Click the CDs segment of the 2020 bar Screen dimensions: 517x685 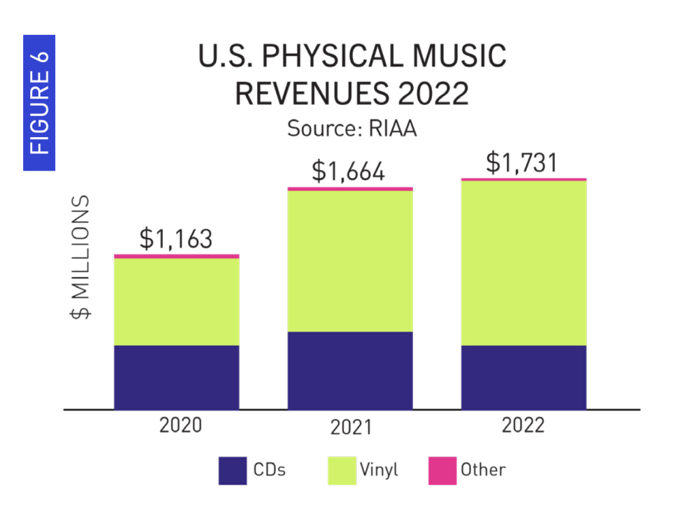pos(177,377)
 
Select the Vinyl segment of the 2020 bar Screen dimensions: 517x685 pos(177,302)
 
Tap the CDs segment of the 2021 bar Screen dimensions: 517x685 pos(350,370)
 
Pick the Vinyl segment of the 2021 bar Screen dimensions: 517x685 pos(350,261)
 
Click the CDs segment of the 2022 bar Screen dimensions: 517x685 pos(524,377)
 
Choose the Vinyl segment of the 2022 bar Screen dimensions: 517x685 pos(524,263)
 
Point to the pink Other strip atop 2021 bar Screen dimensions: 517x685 pos(350,189)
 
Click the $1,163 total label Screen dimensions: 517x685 pos(175,239)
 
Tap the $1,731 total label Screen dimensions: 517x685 pos(522,162)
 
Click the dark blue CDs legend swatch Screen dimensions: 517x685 pos(233,470)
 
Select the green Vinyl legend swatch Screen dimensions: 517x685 pos(342,470)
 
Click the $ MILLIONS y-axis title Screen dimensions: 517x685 pos(81,257)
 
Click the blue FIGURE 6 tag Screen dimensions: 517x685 pos(39,102)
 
